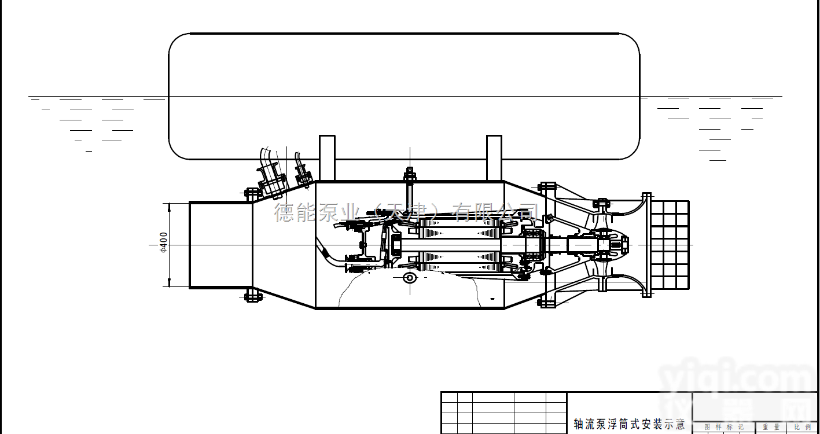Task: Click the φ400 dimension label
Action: [x=163, y=243]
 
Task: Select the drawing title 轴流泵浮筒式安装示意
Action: [x=628, y=424]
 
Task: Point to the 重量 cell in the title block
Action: [x=771, y=427]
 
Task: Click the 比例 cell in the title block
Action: [x=803, y=427]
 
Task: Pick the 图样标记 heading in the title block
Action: [x=724, y=427]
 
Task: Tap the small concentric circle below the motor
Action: [x=410, y=278]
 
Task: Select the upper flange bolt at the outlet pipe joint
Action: [x=253, y=193]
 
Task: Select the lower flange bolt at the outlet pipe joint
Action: [x=253, y=297]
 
